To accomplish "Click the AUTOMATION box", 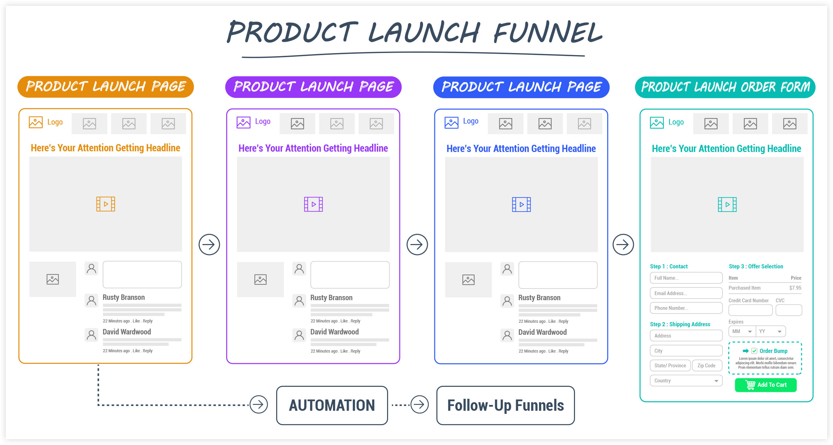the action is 332,405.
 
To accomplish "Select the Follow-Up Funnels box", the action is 505,405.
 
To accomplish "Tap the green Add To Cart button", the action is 766,385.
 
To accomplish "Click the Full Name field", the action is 686,278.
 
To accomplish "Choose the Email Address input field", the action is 686,293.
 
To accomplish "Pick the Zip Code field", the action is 707,366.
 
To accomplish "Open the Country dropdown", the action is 686,381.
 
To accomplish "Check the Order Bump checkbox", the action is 754,351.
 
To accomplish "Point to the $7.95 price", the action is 795,288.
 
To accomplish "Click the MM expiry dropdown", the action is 742,331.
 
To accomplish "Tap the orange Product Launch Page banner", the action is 106,87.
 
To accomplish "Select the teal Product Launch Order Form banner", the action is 725,87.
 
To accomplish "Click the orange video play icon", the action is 106,204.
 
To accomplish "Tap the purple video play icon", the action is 313,204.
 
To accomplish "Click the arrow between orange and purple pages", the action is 209,244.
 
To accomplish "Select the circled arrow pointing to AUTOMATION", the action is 259,405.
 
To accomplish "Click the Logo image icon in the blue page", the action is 451,123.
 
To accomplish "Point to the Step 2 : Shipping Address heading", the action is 680,324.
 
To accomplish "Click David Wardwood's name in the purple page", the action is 334,332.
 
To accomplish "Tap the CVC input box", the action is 789,310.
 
